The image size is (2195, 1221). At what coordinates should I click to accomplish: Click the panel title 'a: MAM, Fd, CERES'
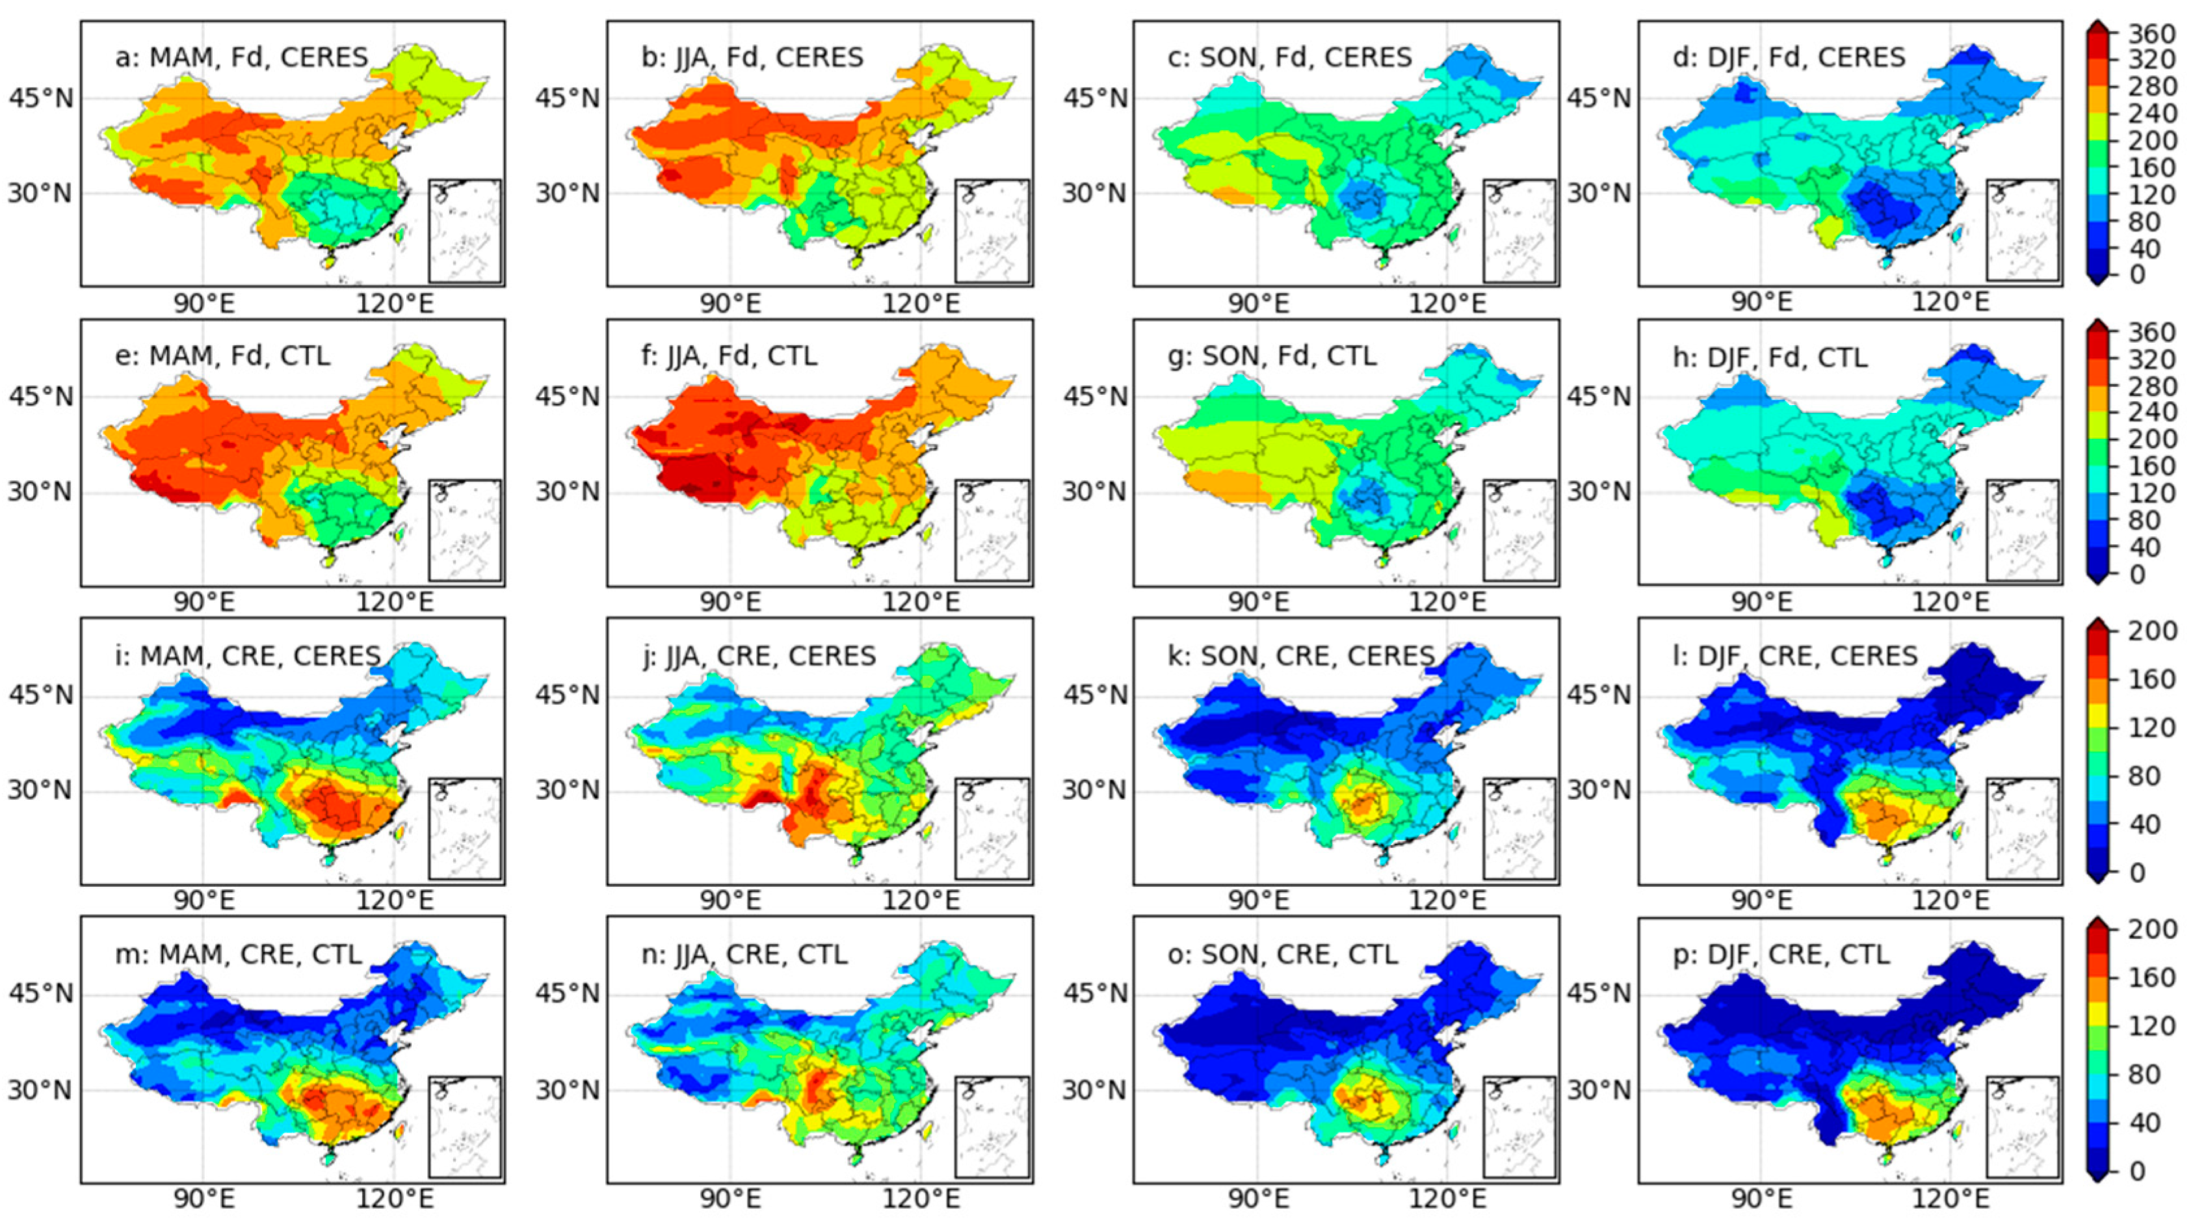[x=241, y=57]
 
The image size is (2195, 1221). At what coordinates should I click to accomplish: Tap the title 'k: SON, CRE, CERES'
[x=1317, y=655]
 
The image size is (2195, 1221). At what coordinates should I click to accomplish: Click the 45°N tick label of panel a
[x=41, y=99]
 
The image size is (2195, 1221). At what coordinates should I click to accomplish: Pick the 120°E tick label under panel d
[x=1950, y=302]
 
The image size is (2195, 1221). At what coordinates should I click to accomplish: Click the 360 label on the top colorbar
[x=2151, y=33]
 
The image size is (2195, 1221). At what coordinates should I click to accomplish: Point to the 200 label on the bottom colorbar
[x=2151, y=930]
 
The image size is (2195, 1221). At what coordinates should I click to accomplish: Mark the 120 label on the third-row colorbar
[x=2151, y=728]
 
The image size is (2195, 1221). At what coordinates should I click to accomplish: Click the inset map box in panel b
[x=992, y=230]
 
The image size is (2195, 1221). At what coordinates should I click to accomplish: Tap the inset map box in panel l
[x=2022, y=828]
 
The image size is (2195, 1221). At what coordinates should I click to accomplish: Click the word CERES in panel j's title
[x=832, y=655]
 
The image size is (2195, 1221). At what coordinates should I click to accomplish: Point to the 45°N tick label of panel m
[x=41, y=994]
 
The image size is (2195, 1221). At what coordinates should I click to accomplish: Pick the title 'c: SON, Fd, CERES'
[x=1290, y=57]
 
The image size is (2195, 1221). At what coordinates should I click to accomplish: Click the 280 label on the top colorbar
[x=2151, y=87]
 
